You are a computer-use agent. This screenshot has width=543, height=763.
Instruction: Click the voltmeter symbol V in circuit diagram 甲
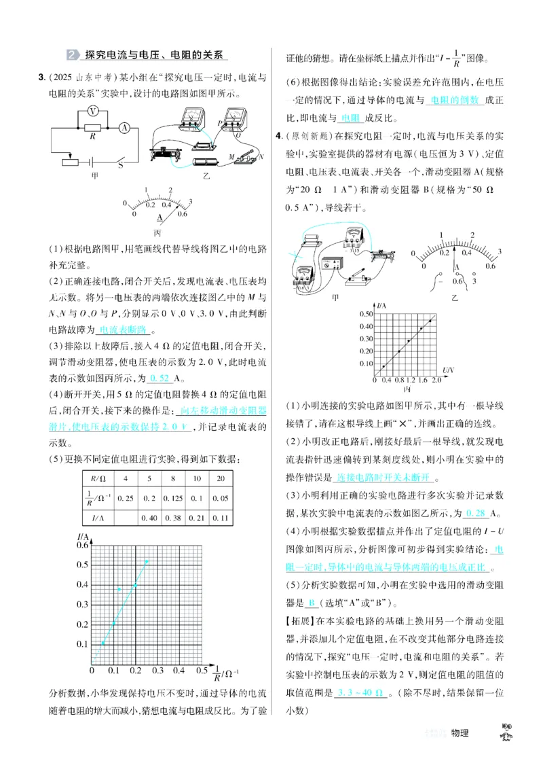point(93,111)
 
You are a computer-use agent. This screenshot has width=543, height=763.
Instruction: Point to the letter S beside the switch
point(121,164)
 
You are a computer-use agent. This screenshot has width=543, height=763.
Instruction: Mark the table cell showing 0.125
point(172,498)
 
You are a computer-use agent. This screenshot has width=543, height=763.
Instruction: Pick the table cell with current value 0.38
point(172,518)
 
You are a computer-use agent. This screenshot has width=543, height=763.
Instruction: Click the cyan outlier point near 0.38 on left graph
point(119,589)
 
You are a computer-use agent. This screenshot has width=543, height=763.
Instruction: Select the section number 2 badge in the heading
point(73,55)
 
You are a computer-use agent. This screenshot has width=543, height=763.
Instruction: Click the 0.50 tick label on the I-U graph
point(364,313)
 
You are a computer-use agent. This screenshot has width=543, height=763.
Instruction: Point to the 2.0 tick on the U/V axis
point(435,380)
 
